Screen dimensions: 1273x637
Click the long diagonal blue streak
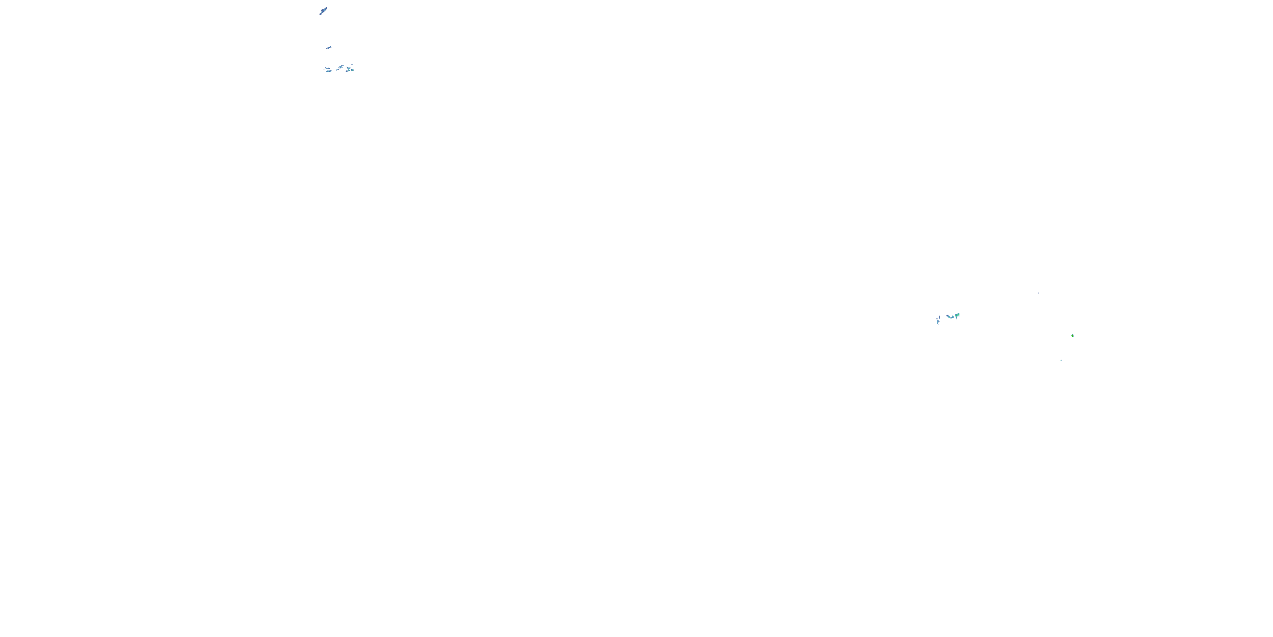(323, 11)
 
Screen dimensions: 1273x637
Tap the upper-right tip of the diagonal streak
(327, 7)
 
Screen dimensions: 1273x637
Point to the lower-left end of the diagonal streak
(320, 14)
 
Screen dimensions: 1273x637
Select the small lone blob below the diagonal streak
(329, 48)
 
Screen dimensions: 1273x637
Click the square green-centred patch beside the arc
(352, 70)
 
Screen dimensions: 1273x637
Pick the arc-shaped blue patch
(341, 67)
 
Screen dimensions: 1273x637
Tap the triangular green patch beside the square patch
(348, 69)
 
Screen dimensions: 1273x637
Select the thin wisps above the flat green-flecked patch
(328, 69)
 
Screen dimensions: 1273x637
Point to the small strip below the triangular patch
(348, 71)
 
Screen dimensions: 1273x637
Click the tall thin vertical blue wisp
(938, 321)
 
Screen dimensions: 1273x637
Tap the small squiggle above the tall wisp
(939, 318)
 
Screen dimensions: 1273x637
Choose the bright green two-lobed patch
(958, 315)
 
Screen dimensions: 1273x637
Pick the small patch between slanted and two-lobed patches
(953, 317)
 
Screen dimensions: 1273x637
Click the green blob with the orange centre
(1072, 336)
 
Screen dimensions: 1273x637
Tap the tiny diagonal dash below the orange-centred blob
(1061, 360)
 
